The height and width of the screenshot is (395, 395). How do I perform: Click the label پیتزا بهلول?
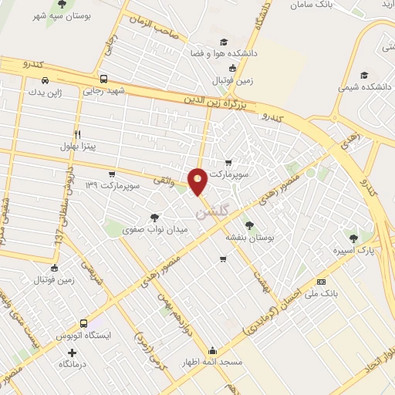(78, 145)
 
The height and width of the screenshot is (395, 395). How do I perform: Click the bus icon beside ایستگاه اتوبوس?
(84, 324)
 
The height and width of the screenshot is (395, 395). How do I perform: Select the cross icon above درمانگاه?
(73, 353)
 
